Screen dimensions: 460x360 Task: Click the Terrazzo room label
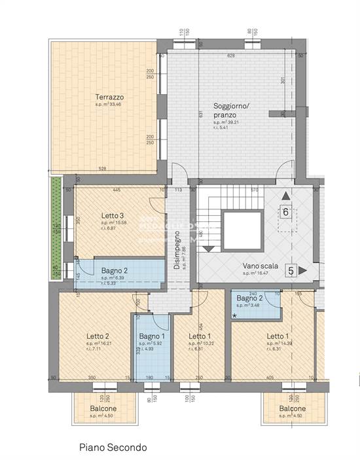tap(109, 97)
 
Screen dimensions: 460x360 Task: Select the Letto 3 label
tap(113, 215)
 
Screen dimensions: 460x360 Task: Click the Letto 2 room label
tap(98, 337)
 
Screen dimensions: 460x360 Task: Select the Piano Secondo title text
tap(113, 447)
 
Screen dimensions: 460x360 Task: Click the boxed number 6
tap(286, 211)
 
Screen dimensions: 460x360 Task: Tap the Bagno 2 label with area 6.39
tap(114, 270)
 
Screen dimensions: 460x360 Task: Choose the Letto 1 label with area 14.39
tap(278, 337)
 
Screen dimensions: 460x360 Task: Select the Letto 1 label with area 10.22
tap(200, 337)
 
